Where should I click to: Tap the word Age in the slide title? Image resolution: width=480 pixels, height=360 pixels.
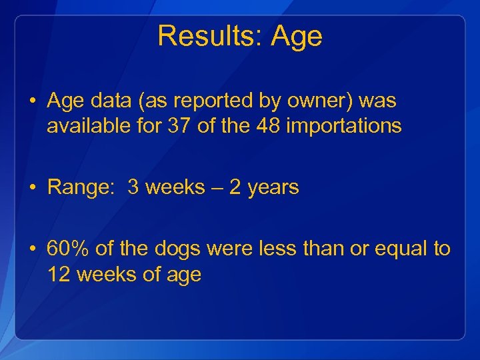[x=297, y=37]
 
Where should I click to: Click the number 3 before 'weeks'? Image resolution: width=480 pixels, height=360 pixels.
[x=133, y=188]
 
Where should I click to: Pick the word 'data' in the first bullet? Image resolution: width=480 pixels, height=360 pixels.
[x=109, y=101]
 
